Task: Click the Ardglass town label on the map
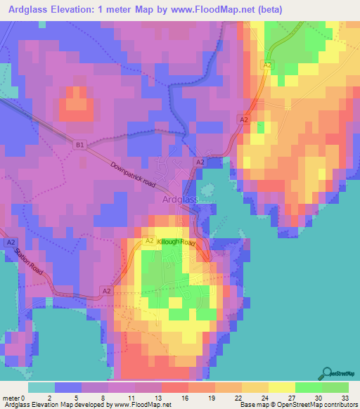click(x=180, y=200)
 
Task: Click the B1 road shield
click(x=81, y=145)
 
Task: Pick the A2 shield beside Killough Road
click(x=150, y=240)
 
